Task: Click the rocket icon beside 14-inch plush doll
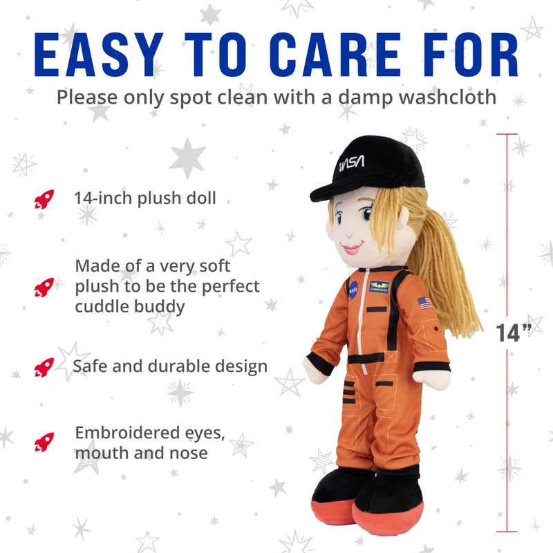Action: (44, 199)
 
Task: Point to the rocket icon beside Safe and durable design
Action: (44, 366)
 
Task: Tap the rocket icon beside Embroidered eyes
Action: (44, 440)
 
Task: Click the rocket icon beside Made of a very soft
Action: (44, 285)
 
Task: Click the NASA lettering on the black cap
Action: (351, 165)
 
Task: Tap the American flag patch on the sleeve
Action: (425, 303)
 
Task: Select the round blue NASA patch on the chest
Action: (353, 290)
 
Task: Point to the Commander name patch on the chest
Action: (379, 287)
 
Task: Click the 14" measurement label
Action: (515, 332)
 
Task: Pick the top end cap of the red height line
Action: (507, 135)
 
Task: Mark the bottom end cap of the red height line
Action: (507, 532)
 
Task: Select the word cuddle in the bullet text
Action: (102, 306)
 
